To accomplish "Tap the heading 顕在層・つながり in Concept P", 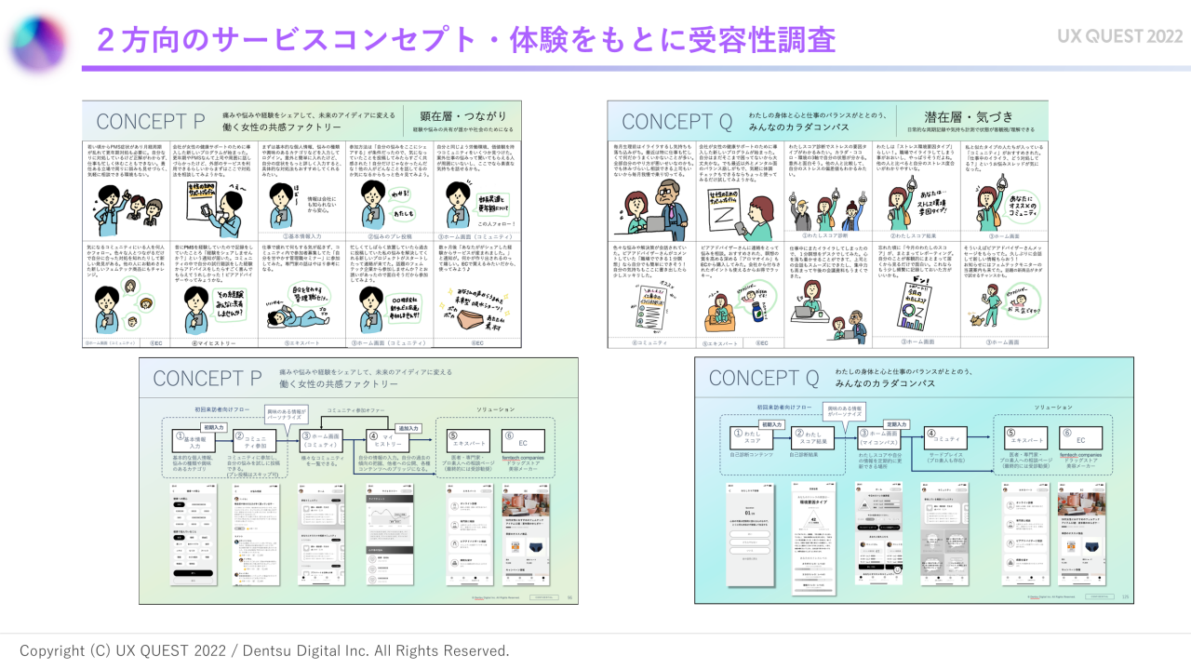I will pyautogui.click(x=462, y=115).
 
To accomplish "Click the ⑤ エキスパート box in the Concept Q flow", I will pyautogui.click(x=1030, y=438).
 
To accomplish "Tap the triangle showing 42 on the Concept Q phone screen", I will pyautogui.click(x=815, y=521).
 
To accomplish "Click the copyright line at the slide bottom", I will pyautogui.click(x=264, y=650).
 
